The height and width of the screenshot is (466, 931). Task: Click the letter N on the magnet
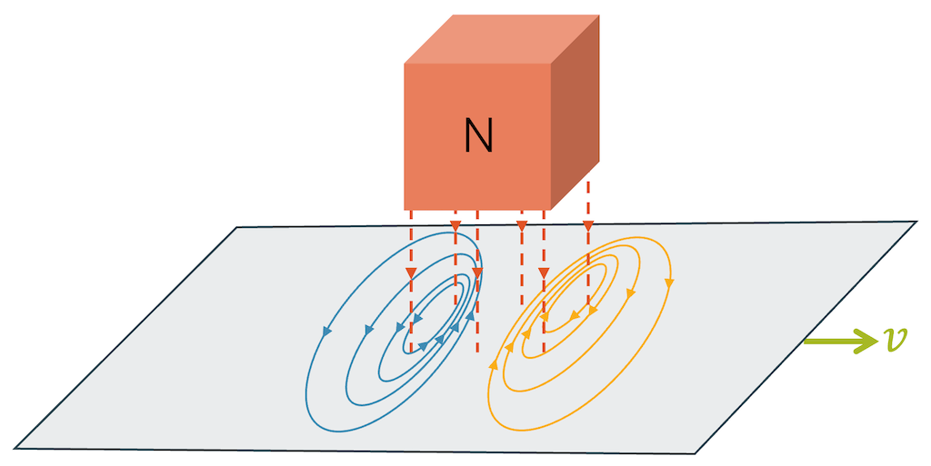tap(478, 135)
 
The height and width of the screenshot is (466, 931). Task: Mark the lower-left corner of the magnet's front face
tap(405, 210)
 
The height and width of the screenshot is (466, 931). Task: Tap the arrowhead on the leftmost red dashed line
tap(411, 273)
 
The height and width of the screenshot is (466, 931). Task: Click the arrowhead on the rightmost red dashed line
tap(588, 225)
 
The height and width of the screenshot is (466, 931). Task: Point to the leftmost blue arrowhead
tap(325, 332)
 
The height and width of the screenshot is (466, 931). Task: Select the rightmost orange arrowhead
tap(670, 283)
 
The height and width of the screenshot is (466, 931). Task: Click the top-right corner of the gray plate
tap(916, 221)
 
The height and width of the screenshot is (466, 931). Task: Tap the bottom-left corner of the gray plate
tap(15, 447)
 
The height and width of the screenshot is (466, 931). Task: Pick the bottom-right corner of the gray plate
tap(696, 453)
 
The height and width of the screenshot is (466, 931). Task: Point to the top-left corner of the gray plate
tap(238, 227)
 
